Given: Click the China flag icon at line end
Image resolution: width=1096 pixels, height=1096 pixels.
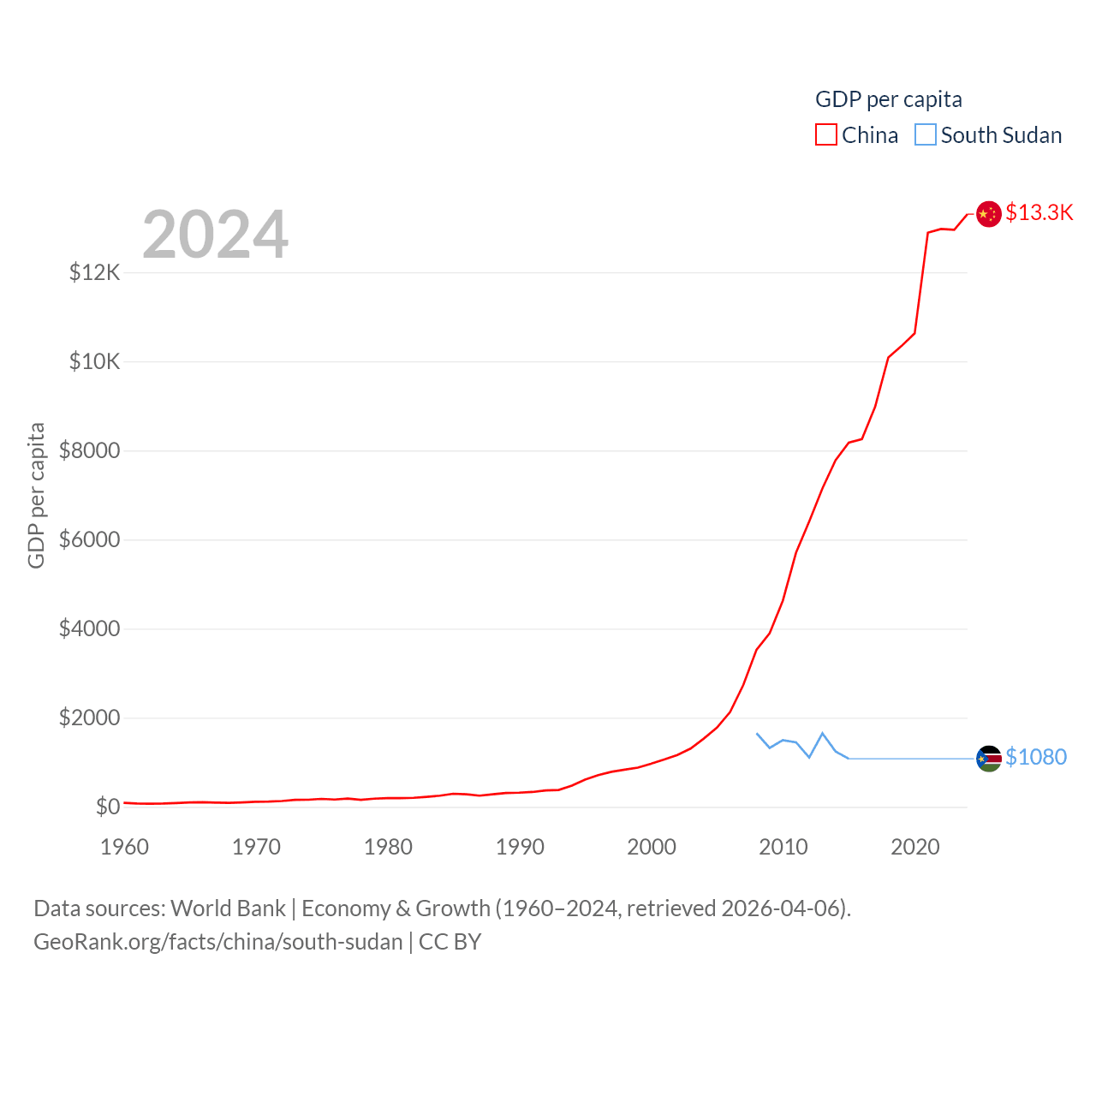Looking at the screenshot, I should (989, 214).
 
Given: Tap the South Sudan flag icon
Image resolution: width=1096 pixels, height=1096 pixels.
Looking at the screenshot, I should (989, 759).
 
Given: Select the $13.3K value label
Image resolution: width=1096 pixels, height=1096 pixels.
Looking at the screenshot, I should (1039, 212).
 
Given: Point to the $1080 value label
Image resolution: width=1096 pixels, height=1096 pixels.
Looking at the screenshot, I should (1036, 757).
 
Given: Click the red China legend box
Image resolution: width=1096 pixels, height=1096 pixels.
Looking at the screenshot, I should (825, 135).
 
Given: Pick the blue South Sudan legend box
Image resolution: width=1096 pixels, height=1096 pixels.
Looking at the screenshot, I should (926, 135).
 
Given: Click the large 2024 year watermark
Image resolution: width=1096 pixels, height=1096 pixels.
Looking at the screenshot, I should (215, 235).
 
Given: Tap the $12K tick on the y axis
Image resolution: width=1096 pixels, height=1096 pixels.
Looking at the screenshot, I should (95, 273).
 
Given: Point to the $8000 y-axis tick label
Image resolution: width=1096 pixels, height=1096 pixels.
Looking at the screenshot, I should (89, 450).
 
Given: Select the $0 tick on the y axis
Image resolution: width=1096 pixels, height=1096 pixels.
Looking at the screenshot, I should (108, 807).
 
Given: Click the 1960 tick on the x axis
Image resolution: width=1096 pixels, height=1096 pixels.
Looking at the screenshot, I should (125, 847).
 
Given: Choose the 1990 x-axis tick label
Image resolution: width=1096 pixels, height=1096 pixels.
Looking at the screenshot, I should (520, 847).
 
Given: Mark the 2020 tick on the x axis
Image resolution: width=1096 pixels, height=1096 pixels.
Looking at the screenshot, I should (915, 847).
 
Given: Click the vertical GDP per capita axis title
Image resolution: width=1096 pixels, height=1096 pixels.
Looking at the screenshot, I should (36, 495).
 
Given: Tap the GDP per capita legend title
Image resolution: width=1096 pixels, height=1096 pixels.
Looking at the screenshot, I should (889, 99).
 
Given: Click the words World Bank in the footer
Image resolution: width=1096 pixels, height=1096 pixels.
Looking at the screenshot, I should (228, 908).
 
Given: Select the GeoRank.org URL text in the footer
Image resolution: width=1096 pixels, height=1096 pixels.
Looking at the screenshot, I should (217, 942).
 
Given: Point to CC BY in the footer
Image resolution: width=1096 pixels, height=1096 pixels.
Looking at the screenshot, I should (450, 942).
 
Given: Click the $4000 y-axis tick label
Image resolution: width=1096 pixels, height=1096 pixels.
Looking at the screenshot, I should (89, 628).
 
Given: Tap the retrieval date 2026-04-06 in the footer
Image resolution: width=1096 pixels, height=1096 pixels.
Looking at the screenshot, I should (783, 908).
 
